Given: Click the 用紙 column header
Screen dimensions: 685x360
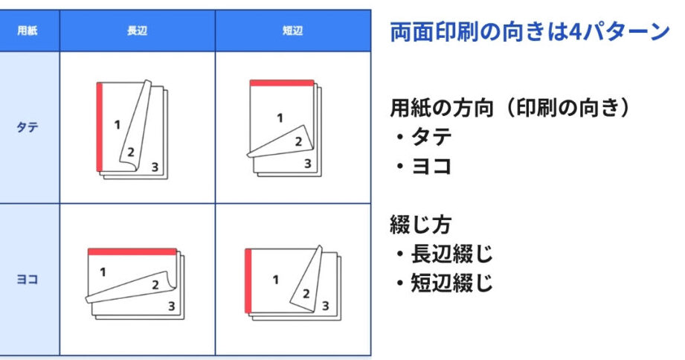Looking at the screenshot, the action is tap(27, 30).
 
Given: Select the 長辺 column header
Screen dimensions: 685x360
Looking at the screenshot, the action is tap(137, 30).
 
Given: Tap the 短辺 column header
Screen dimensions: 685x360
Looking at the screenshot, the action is tap(293, 30).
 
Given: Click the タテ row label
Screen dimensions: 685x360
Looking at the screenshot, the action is tap(27, 128).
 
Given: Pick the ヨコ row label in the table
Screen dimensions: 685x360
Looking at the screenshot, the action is tap(27, 279).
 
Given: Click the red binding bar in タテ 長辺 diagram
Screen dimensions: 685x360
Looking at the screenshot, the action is tap(99, 126).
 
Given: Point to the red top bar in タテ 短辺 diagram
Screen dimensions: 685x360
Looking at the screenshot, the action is tap(282, 83).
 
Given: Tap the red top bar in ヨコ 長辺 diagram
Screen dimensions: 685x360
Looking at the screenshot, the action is tap(132, 251).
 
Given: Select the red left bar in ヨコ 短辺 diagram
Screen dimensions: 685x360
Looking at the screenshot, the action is tap(248, 281).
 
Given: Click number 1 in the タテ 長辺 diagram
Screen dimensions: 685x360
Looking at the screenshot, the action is tap(117, 125).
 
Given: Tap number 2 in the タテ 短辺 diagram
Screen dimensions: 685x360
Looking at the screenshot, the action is tap(299, 141).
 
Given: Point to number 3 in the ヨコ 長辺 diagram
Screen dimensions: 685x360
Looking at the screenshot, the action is tap(172, 306).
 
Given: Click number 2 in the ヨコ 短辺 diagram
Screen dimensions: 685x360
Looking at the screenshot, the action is tap(306, 294).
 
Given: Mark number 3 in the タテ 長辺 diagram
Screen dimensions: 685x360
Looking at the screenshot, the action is tap(155, 167).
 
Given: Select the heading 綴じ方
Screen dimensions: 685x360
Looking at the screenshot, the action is tap(420, 225).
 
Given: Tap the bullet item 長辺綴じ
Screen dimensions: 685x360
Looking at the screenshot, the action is tap(445, 254).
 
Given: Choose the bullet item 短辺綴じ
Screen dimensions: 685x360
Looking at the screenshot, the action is tap(445, 283).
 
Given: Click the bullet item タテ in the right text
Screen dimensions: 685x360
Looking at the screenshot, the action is tap(424, 137).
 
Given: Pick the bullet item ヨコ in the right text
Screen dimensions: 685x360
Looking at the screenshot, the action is tap(424, 167).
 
